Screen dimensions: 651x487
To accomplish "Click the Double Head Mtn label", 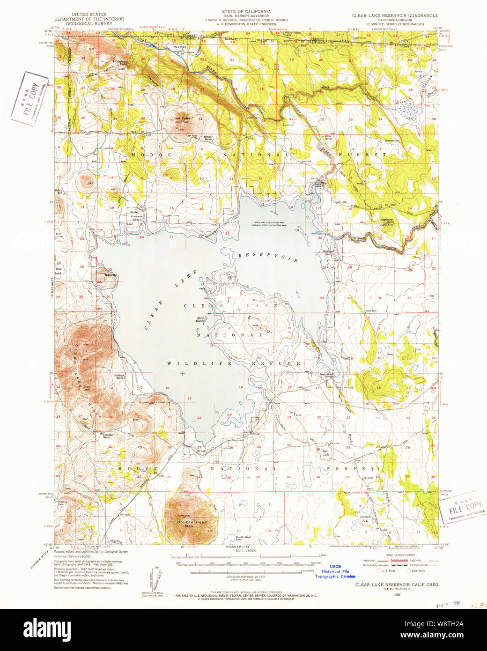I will click(x=192, y=524).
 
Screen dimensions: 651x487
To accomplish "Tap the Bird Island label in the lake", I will click(x=200, y=320).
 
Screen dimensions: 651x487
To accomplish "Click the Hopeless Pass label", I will click(x=120, y=62).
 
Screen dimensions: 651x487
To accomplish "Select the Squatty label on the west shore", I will click(x=111, y=275).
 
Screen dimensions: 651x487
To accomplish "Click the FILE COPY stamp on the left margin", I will click(x=30, y=97).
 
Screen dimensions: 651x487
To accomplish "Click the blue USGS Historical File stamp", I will click(x=335, y=571).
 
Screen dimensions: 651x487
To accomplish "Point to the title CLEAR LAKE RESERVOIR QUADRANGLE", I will click(x=395, y=15).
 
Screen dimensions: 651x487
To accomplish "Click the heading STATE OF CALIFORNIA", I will click(x=246, y=11).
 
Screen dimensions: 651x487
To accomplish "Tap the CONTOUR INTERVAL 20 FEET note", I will click(x=246, y=577).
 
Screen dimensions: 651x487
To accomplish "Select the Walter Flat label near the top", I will click(x=180, y=50).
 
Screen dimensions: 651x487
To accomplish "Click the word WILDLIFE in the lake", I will click(x=199, y=363).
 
